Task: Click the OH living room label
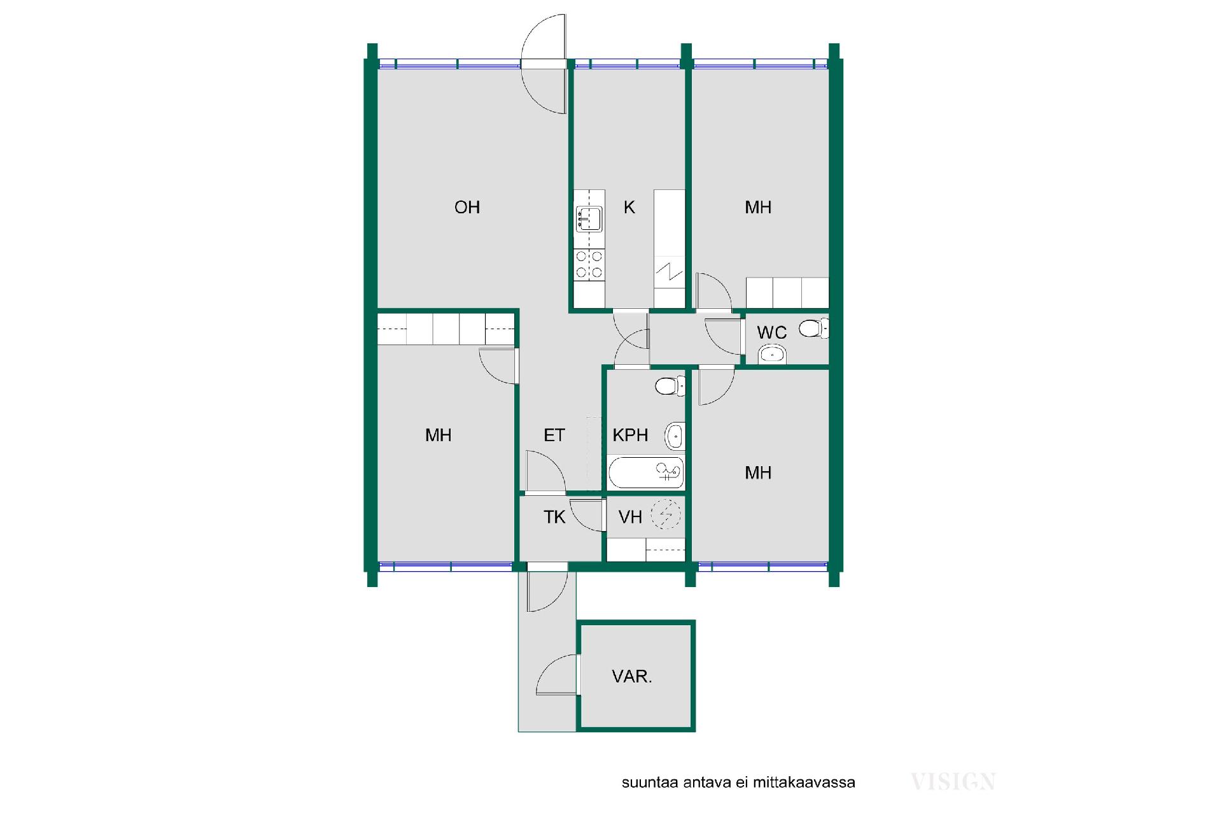coord(467,207)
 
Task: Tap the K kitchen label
coord(629,207)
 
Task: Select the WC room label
coord(771,332)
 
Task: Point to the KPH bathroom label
coord(630,435)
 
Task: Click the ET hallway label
coord(554,435)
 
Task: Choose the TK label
coord(554,516)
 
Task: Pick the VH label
coord(630,516)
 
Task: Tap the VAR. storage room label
coord(632,676)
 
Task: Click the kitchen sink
coord(589,218)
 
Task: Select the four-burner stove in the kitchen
coord(589,264)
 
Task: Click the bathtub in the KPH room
coord(646,472)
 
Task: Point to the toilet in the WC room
coord(814,328)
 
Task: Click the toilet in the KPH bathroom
coord(670,386)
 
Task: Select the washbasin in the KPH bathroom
coord(675,437)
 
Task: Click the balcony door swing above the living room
coord(544,64)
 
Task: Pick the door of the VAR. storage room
coord(558,674)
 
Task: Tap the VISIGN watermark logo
coord(953,781)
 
